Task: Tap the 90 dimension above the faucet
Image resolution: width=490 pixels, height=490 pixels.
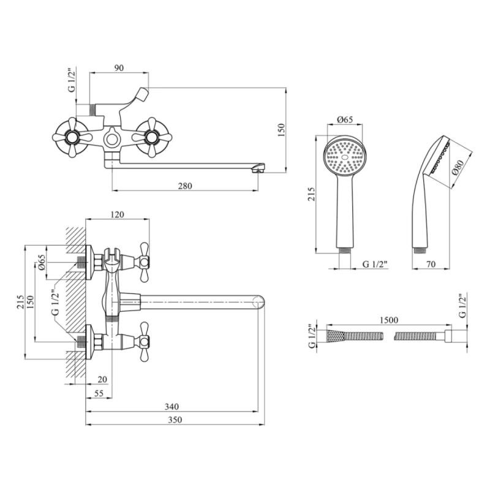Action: [120, 67]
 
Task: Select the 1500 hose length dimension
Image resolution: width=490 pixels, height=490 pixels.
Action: [389, 320]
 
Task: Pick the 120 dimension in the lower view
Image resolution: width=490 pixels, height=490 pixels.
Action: [118, 214]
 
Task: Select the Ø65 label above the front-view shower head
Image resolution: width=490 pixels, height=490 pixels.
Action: [345, 121]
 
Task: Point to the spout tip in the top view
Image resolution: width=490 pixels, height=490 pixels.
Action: [260, 167]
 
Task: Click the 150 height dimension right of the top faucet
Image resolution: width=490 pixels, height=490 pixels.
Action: [282, 130]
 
